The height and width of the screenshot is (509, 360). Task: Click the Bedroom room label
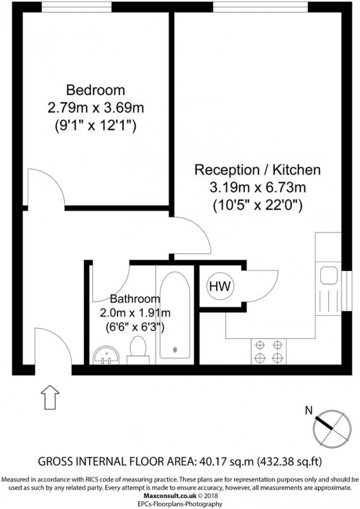tap(95, 91)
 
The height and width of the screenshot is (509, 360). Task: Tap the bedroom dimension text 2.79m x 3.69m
tap(96, 109)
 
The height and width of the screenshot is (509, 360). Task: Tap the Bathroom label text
tap(135, 299)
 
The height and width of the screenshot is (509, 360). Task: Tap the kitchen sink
tap(329, 276)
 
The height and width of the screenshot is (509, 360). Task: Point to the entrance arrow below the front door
tap(50, 396)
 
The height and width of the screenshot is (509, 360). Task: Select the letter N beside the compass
tap(308, 411)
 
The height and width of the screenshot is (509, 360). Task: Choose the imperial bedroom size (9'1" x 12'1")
tap(96, 127)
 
